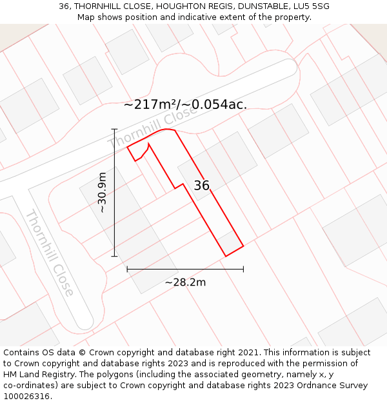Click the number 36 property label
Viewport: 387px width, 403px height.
(x=202, y=186)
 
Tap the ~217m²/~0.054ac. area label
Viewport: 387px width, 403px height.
(x=185, y=104)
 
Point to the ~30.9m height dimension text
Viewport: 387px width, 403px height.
(x=102, y=192)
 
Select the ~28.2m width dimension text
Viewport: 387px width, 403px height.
(x=185, y=282)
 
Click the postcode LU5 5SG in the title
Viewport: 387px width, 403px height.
(x=312, y=6)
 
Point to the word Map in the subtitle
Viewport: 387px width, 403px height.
(x=86, y=17)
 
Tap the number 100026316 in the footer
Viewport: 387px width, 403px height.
(x=26, y=397)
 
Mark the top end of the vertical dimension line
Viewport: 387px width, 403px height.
(x=114, y=129)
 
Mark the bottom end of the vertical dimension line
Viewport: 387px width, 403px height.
(x=114, y=256)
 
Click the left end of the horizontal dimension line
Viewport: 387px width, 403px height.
(x=127, y=269)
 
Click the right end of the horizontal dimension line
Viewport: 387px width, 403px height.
(x=243, y=269)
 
